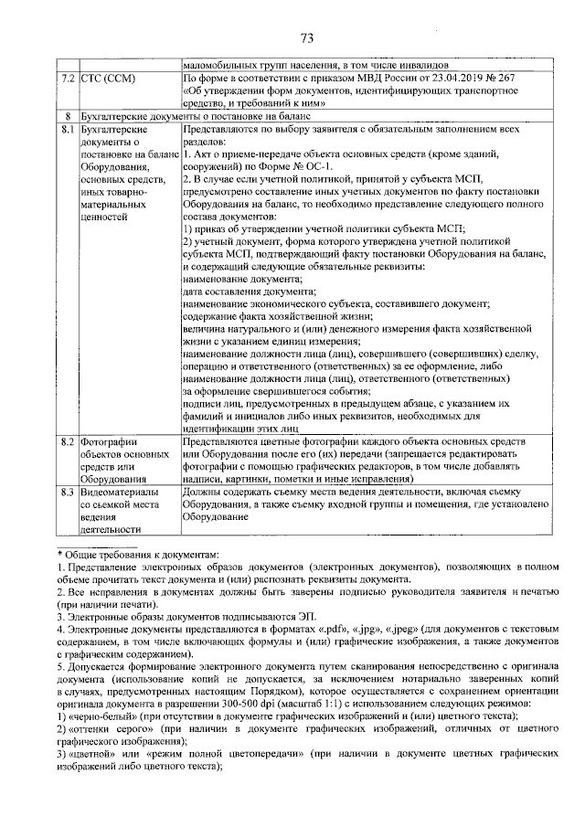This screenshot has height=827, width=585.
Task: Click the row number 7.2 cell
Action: pyautogui.click(x=66, y=79)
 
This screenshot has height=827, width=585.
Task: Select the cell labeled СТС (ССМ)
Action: pyautogui.click(x=108, y=79)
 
